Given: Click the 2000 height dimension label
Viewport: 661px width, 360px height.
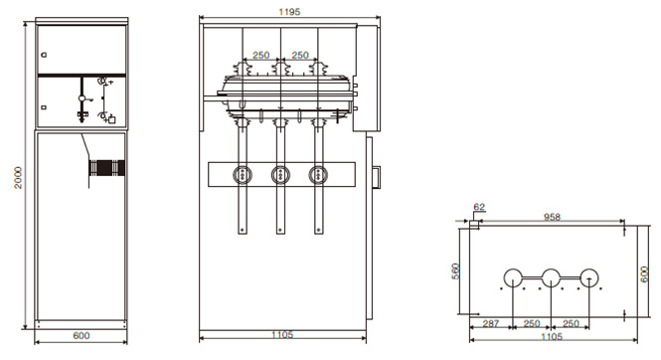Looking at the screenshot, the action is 18,177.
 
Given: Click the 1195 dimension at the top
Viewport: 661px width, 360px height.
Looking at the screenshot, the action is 289,12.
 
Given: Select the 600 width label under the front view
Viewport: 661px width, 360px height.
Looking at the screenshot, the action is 82,335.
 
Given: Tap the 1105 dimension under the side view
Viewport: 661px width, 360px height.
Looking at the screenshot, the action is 282,335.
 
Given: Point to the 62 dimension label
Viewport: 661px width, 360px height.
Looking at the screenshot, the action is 479,207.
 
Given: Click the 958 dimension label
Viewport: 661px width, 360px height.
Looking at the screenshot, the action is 552,217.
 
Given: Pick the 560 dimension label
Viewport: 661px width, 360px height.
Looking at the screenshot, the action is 455,271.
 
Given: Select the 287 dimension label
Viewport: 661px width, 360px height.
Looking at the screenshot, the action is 491,324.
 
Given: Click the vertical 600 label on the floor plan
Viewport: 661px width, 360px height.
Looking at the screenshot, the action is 644,274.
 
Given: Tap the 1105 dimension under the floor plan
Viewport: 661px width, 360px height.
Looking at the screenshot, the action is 552,337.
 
